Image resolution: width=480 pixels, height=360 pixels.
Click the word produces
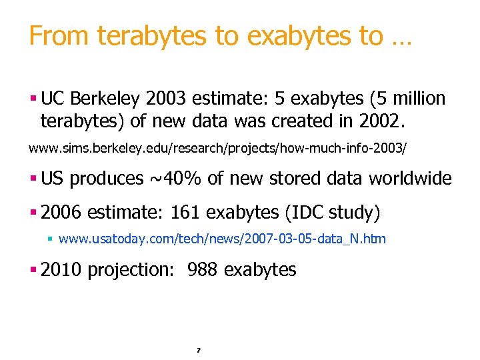coord(107,179)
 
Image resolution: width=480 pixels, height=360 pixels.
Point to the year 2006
coord(61,213)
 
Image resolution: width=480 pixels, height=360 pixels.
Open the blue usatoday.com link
coord(222,239)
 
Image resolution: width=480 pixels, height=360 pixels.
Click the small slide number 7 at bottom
coord(198,349)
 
